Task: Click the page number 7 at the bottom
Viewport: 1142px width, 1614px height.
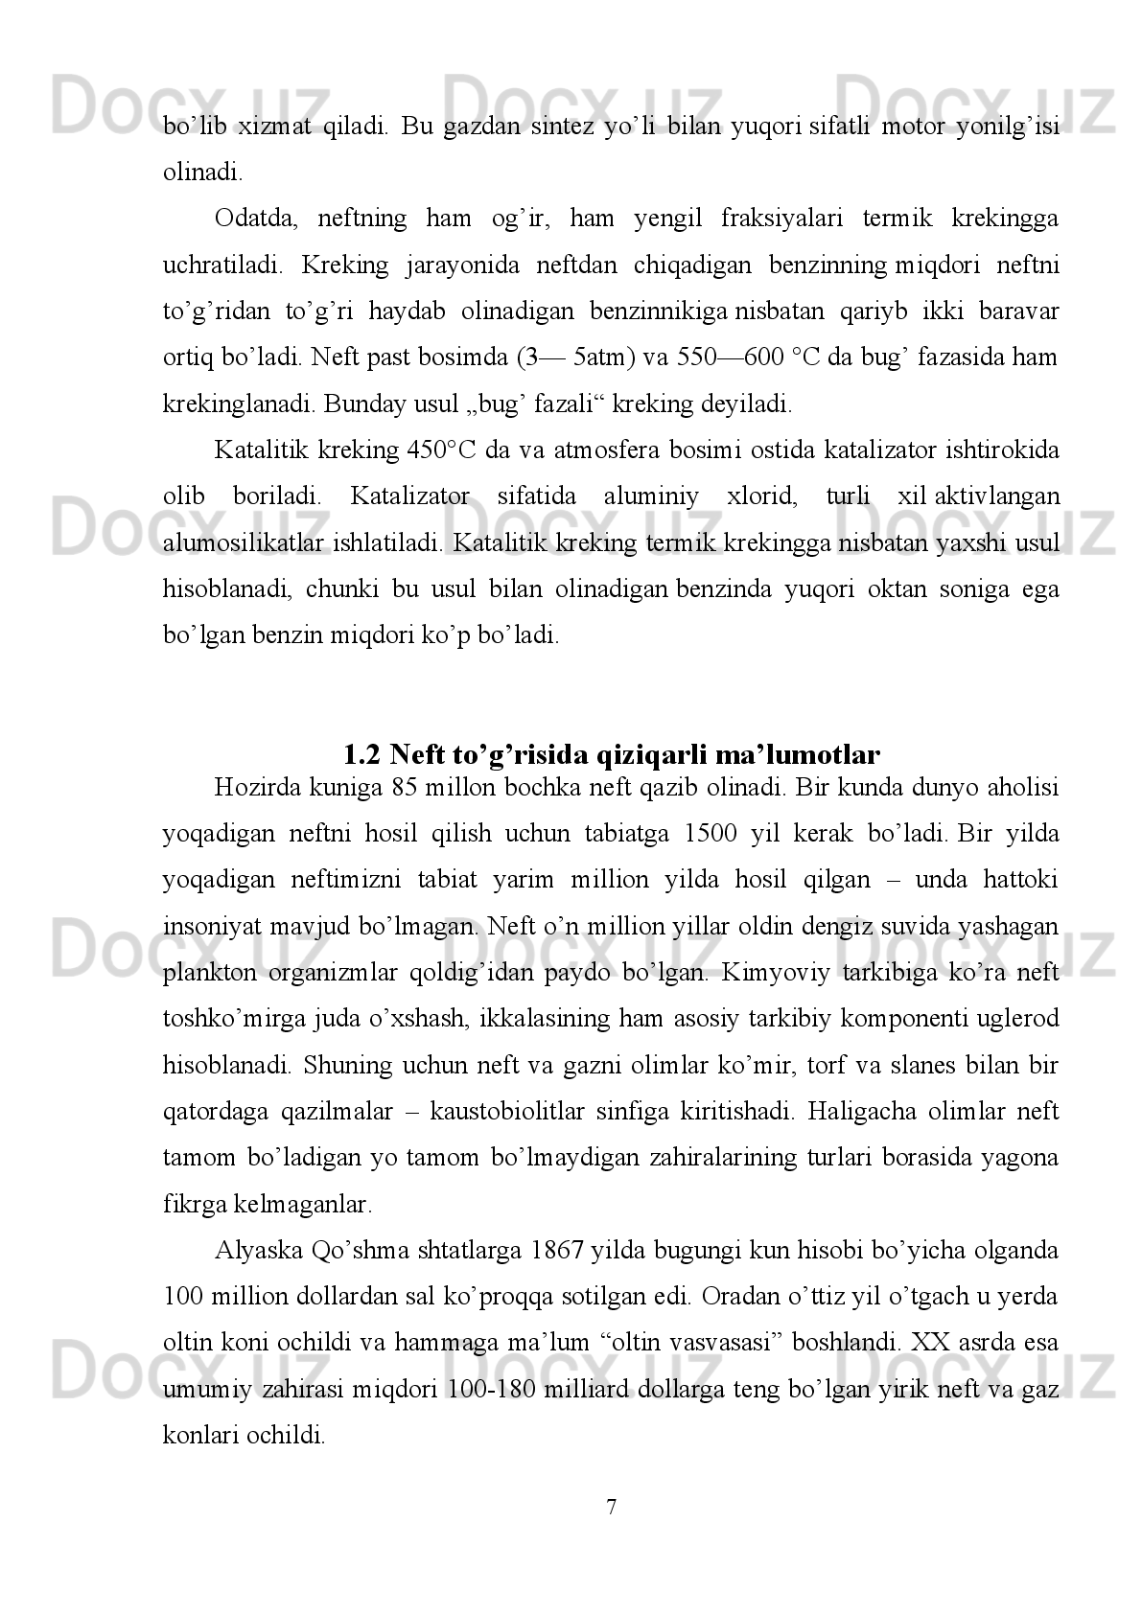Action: tap(612, 1508)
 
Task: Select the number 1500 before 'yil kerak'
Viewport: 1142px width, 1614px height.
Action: tap(712, 834)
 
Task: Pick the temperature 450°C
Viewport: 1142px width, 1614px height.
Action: tap(442, 450)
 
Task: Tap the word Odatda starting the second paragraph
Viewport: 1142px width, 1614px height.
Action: tap(248, 219)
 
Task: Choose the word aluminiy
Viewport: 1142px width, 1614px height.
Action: tap(644, 496)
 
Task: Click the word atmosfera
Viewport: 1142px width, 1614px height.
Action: tap(600, 450)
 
